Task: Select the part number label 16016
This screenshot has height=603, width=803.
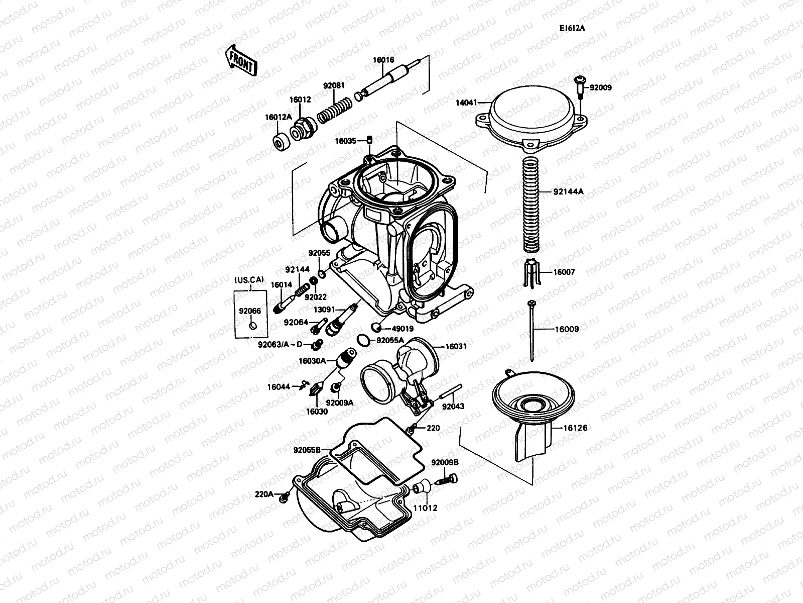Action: pyautogui.click(x=383, y=60)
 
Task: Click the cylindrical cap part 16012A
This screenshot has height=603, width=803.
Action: pyautogui.click(x=281, y=142)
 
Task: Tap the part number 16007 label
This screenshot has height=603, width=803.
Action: pyautogui.click(x=564, y=272)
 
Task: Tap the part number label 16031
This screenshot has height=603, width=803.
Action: pyautogui.click(x=456, y=346)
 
